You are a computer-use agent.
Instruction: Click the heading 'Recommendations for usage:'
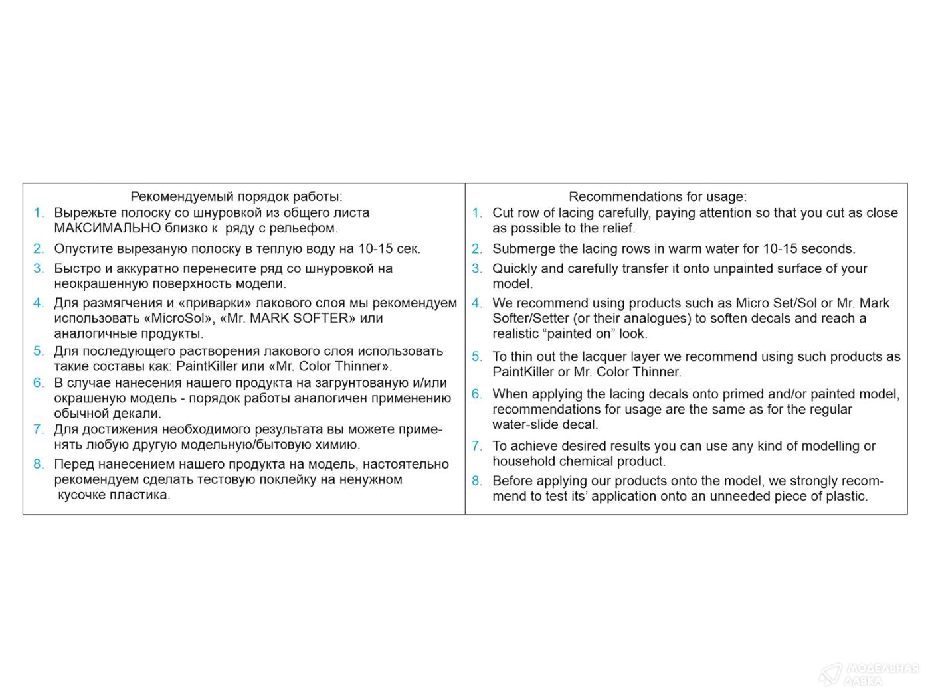(657, 196)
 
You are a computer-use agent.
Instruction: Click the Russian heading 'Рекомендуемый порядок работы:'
(236, 196)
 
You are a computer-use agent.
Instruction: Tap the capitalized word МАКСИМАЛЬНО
(108, 228)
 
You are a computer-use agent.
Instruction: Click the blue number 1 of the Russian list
(39, 213)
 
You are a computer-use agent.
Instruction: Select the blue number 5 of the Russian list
(39, 351)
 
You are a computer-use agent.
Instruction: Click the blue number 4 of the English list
(476, 303)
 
